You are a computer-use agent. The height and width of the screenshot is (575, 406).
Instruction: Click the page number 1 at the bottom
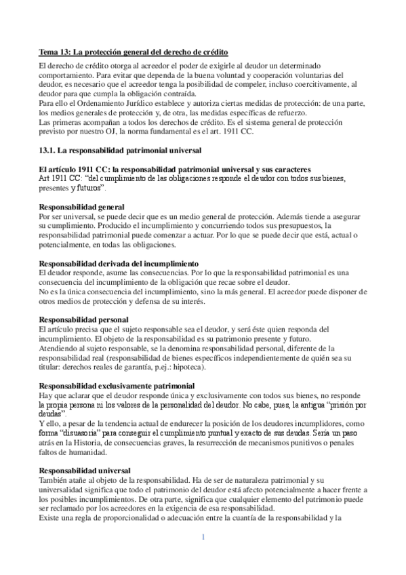pyautogui.click(x=203, y=538)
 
